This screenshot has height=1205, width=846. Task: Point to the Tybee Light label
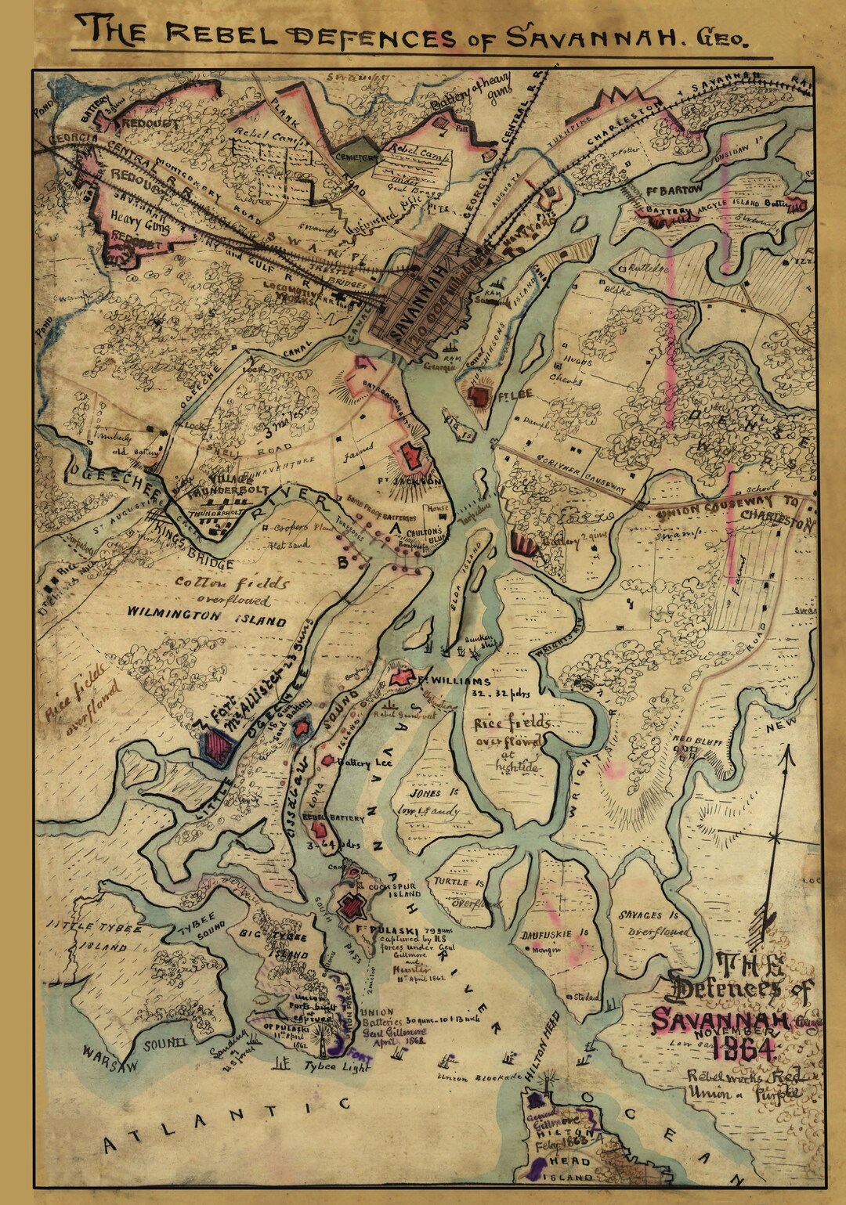(336, 1066)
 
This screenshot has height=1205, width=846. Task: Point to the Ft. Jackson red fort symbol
(409, 456)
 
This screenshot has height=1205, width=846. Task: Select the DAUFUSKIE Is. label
(554, 933)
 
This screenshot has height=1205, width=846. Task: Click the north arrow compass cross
(774, 837)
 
